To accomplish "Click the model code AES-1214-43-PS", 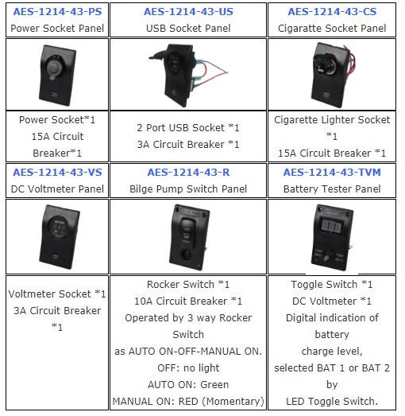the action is [x=57, y=12].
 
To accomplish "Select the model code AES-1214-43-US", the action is [x=188, y=12].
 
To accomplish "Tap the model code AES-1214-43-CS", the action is [x=332, y=12].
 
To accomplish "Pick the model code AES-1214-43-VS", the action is [x=57, y=173].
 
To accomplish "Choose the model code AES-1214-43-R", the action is [x=188, y=173].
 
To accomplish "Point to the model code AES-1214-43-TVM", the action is [x=332, y=173].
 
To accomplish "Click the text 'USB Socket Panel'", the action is [x=188, y=29].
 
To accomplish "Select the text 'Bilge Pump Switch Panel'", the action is [x=188, y=189].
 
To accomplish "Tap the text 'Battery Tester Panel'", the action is [x=332, y=189].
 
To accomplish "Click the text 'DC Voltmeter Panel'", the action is [x=57, y=189].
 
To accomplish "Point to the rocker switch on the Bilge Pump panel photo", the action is [x=187, y=231].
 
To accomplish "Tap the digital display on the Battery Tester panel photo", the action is [x=331, y=227].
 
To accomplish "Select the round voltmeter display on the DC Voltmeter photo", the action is [x=60, y=227].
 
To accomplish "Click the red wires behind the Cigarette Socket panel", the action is [x=349, y=65].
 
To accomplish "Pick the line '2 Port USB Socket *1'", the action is [x=188, y=128].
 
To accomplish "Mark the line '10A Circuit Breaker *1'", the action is [x=188, y=301].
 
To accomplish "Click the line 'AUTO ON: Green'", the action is [x=188, y=385].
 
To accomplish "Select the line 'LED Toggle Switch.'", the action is [x=332, y=402].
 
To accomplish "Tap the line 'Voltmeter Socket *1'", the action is [x=57, y=294].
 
